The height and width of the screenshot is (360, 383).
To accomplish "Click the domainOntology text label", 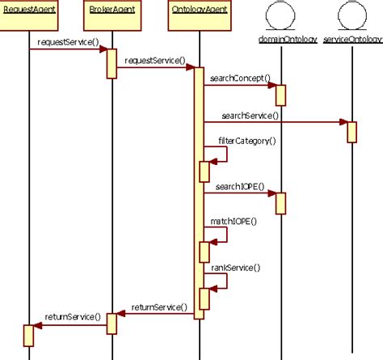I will tap(281, 39).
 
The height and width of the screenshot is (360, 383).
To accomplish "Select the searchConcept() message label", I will tap(240, 78).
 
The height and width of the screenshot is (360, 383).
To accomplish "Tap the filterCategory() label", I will tap(247, 141).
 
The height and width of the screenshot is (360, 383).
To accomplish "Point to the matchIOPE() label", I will tap(232, 221).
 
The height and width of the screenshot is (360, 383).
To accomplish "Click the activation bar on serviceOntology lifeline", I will tap(351, 132).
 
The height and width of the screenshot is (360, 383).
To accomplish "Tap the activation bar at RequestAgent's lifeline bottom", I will tap(28, 334).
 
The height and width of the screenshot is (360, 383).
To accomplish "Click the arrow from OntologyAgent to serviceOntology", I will tap(275, 123).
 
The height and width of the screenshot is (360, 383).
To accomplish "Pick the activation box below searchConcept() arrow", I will tap(281, 95).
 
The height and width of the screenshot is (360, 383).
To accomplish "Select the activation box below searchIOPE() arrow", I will tap(281, 203).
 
